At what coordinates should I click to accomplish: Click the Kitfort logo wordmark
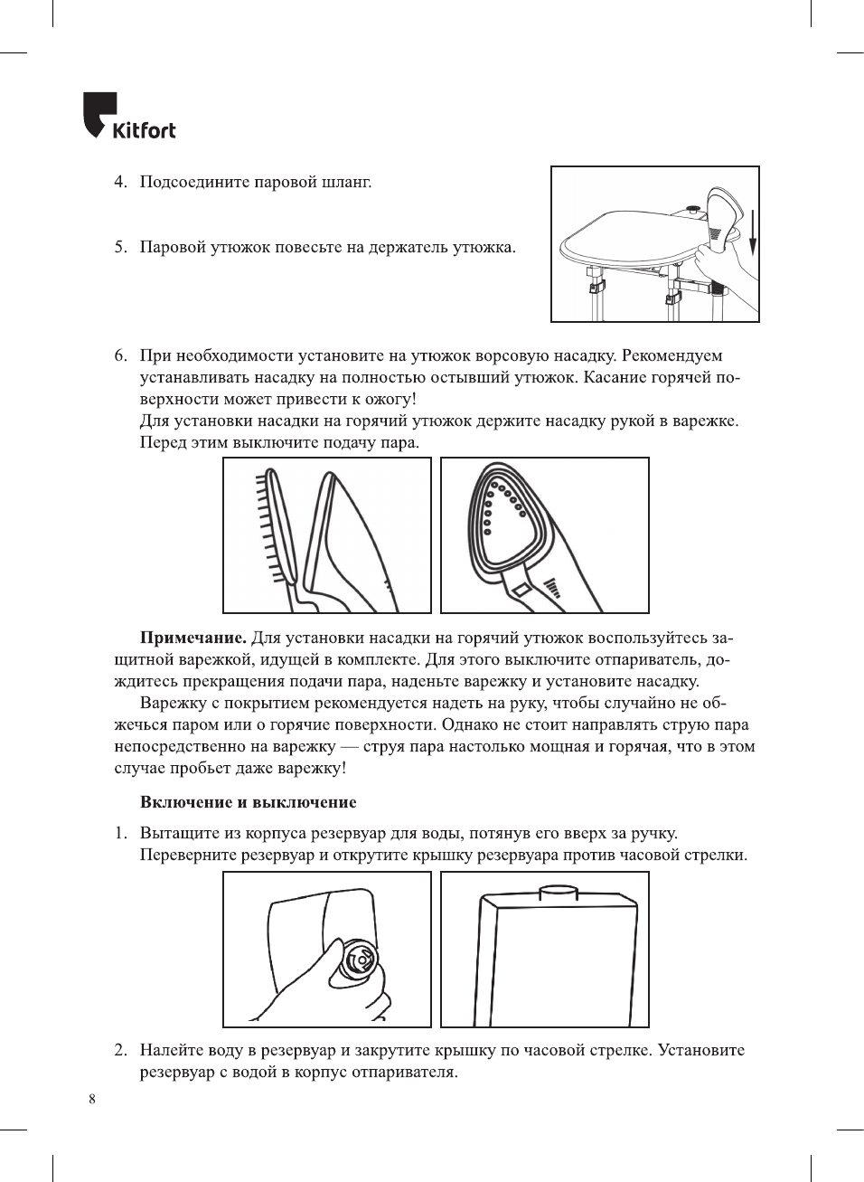pyautogui.click(x=145, y=130)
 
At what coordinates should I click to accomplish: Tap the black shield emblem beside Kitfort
pyautogui.click(x=99, y=113)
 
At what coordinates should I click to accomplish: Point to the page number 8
pyautogui.click(x=92, y=1099)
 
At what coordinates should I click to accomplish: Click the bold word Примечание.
pyautogui.click(x=193, y=638)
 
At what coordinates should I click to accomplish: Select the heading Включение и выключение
pyautogui.click(x=248, y=802)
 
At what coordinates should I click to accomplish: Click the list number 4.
pyautogui.click(x=119, y=182)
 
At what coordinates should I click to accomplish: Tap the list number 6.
pyautogui.click(x=119, y=355)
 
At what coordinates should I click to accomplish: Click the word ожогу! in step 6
pyautogui.click(x=390, y=399)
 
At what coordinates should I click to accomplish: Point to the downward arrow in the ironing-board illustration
pyautogui.click(x=752, y=234)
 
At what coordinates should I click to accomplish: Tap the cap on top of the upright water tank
pyautogui.click(x=558, y=894)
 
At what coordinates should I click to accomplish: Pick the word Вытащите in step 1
pyautogui.click(x=178, y=834)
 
